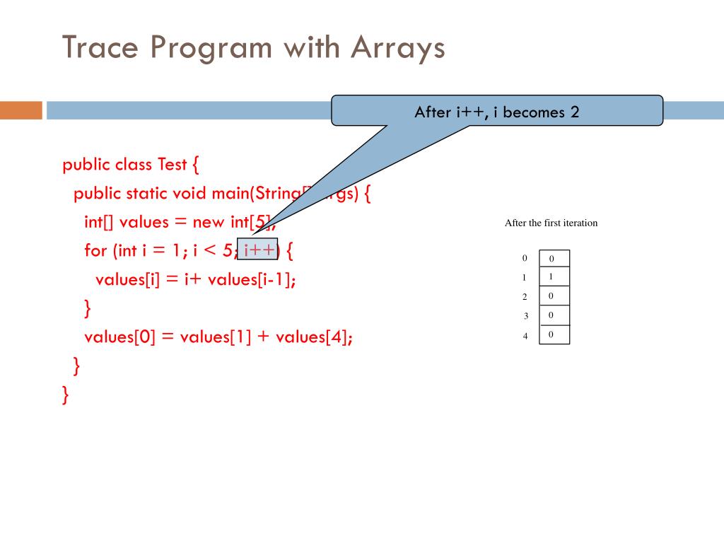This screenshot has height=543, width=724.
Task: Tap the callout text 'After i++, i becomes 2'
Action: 497,112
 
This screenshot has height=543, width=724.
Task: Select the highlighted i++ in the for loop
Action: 258,250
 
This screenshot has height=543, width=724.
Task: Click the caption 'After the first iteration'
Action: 551,223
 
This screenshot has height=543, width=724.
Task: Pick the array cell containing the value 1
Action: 554,277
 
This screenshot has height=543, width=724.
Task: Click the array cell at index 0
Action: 554,259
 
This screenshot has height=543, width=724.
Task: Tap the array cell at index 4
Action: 554,334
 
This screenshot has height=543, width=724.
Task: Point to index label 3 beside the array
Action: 526,315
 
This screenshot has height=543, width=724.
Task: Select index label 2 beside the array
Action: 525,297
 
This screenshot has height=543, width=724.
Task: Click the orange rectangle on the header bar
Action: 21,110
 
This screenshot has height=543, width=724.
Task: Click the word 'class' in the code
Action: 132,165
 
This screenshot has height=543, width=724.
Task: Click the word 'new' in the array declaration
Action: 208,222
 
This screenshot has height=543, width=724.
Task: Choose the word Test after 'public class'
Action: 172,165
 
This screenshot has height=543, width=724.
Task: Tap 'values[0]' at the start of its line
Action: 119,337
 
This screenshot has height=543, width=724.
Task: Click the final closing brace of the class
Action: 66,394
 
